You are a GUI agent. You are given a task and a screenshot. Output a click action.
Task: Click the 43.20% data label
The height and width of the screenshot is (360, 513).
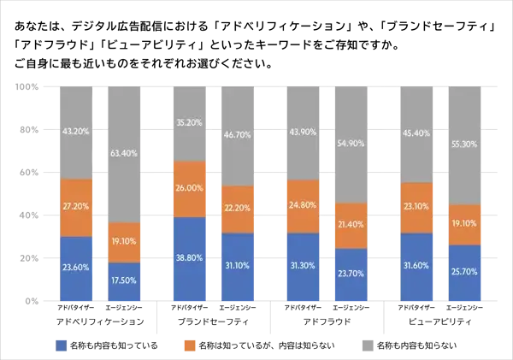(x=75, y=132)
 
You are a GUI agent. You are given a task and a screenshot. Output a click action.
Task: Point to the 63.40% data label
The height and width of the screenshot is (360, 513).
(x=123, y=155)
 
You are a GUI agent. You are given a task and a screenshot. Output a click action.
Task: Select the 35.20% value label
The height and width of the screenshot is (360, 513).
(x=191, y=122)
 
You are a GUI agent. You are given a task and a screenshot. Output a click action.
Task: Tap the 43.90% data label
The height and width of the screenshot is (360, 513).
(x=304, y=132)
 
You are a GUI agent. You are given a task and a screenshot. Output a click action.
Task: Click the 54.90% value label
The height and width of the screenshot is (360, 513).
(x=349, y=145)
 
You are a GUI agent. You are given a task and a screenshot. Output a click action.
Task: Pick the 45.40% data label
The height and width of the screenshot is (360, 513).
(x=417, y=133)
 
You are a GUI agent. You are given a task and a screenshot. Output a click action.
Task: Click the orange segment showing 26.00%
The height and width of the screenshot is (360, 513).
(x=191, y=189)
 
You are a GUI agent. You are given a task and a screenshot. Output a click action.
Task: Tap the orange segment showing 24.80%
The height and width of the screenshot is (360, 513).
(x=304, y=206)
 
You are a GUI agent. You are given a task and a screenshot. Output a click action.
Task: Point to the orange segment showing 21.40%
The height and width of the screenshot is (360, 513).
(x=349, y=226)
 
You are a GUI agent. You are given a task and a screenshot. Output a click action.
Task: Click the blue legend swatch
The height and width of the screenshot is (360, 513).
(x=62, y=345)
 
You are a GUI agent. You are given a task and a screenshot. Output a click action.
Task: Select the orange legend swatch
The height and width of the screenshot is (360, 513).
(x=190, y=345)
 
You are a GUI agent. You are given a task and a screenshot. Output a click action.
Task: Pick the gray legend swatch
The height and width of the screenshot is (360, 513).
(x=365, y=345)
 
